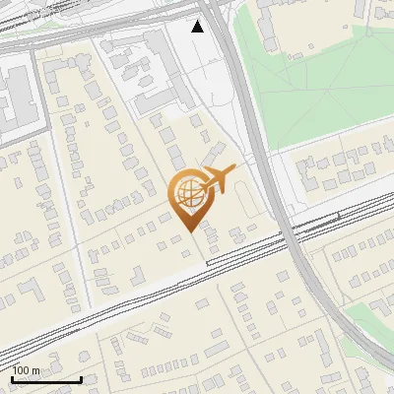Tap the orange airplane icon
pyautogui.click(x=219, y=180)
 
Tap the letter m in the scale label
pyautogui.click(x=36, y=369)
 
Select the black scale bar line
pyautogui.click(x=46, y=379)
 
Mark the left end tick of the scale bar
pyautogui.click(x=13, y=377)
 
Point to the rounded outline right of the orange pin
pyautogui.click(x=243, y=202)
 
